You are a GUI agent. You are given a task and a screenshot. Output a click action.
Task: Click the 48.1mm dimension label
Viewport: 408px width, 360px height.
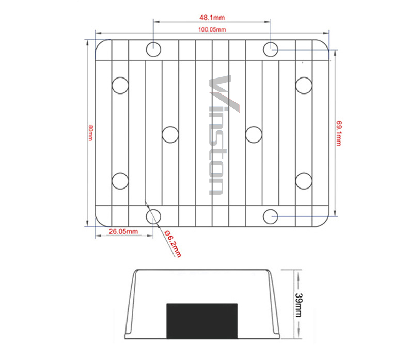(x=212, y=18)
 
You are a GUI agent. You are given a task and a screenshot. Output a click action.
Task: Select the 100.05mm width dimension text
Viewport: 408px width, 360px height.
(x=212, y=29)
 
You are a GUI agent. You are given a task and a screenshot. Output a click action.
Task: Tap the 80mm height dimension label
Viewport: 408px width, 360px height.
(x=90, y=133)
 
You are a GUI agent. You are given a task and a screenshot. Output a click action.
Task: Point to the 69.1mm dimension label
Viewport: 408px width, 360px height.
(x=339, y=133)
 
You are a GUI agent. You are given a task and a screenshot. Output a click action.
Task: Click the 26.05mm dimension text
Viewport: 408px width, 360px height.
(x=123, y=231)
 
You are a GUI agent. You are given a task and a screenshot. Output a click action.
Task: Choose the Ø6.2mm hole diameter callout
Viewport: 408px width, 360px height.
(x=173, y=244)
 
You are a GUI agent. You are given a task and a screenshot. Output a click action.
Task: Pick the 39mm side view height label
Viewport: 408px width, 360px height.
(x=299, y=305)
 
